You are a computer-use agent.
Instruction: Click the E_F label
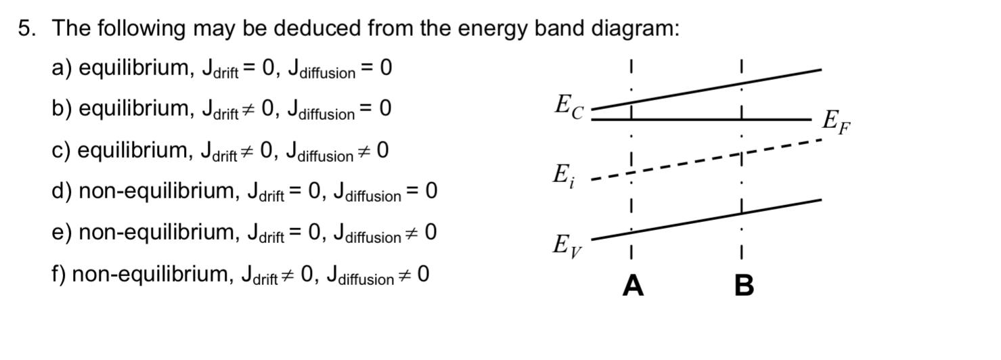(836, 122)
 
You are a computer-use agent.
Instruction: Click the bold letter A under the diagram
(633, 286)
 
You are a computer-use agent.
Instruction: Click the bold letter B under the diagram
(744, 286)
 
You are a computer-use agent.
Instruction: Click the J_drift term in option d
(266, 193)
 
